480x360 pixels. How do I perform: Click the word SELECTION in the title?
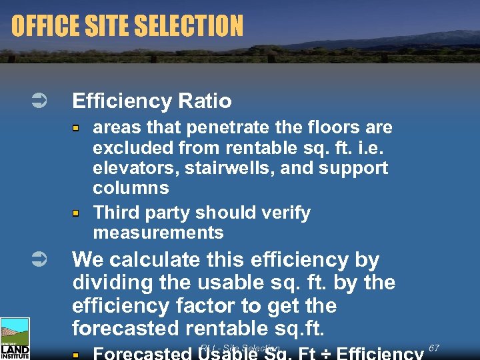[x=189, y=26]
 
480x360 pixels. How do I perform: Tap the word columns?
[x=131, y=187]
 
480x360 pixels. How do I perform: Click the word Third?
[x=117, y=213]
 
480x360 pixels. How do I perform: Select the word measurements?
[x=158, y=233]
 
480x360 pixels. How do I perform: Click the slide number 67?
[x=434, y=348]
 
